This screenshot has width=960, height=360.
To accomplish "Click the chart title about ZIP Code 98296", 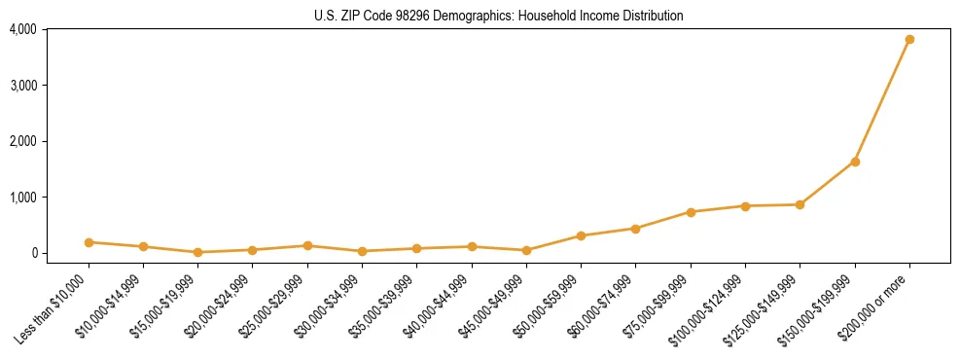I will (499, 16).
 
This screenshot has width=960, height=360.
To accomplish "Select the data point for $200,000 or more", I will (909, 40).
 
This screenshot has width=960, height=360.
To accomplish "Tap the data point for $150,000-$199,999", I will (855, 162).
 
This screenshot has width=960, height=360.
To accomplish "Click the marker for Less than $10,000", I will (89, 242).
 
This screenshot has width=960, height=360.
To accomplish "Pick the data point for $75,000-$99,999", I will (691, 212).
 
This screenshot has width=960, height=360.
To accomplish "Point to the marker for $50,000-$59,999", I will (581, 235).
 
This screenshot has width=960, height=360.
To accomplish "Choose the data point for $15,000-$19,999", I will (198, 252).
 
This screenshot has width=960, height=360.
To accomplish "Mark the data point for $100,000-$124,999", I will (745, 206).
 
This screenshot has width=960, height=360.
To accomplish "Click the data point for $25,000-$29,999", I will (307, 245).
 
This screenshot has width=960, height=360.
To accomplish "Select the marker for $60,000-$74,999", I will (635, 229).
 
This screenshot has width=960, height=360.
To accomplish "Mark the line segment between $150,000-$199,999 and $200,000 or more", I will (882, 100).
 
